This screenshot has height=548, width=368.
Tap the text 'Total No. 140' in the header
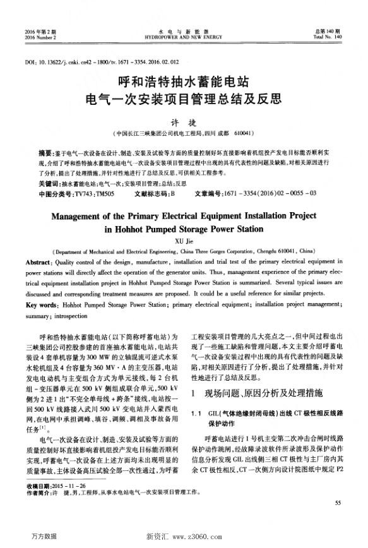[x=327, y=37]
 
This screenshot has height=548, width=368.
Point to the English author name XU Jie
[x=184, y=240]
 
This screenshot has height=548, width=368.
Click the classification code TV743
[x=85, y=192]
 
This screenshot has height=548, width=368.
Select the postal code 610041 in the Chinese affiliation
[x=243, y=134]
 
